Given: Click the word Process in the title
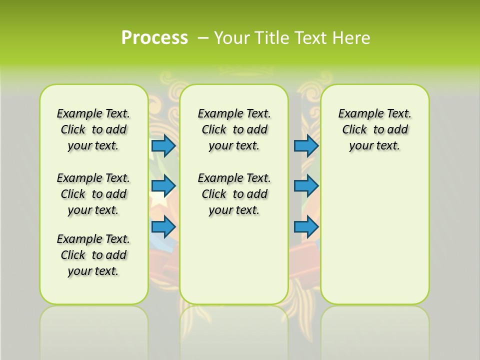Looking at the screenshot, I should (x=154, y=37).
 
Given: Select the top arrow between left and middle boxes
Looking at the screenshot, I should (x=163, y=145).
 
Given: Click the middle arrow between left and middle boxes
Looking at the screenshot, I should (x=163, y=186).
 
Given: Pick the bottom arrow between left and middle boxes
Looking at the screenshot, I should (x=163, y=227).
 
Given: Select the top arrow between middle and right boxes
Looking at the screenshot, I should (x=306, y=145).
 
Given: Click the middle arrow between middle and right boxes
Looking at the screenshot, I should (x=306, y=186).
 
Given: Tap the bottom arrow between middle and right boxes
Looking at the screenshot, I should (x=306, y=227).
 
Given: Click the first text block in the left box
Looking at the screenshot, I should (x=93, y=129).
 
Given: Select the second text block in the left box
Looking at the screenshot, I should (x=93, y=194).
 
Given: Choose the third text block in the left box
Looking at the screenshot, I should (x=93, y=255).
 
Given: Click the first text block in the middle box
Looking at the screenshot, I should (x=234, y=129).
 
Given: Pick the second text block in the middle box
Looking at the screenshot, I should (x=234, y=194).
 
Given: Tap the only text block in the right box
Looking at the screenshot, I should (x=374, y=129).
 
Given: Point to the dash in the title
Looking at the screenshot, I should (x=203, y=38).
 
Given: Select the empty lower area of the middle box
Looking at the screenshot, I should (x=234, y=260).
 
